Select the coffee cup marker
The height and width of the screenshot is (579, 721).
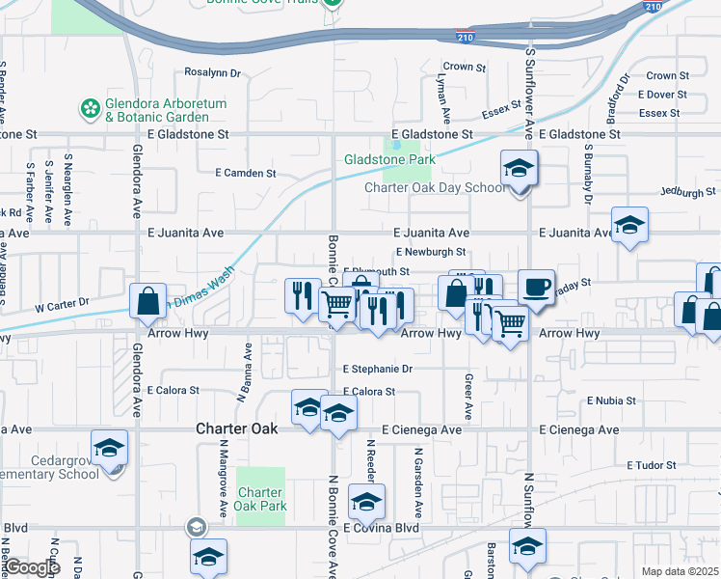coord(536,287)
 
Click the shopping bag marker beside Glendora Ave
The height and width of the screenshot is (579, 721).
coord(147,301)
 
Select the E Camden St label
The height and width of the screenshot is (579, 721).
coord(245,174)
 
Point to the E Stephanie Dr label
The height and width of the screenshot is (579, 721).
coord(378,369)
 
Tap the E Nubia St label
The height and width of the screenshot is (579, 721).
coord(611,400)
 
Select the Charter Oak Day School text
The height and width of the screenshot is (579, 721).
coord(434,187)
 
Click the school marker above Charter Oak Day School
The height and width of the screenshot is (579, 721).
coord(519,168)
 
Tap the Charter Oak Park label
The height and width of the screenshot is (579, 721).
coord(260,499)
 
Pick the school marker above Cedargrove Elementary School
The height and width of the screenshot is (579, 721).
coord(109,448)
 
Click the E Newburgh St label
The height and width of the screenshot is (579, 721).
coord(437,252)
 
